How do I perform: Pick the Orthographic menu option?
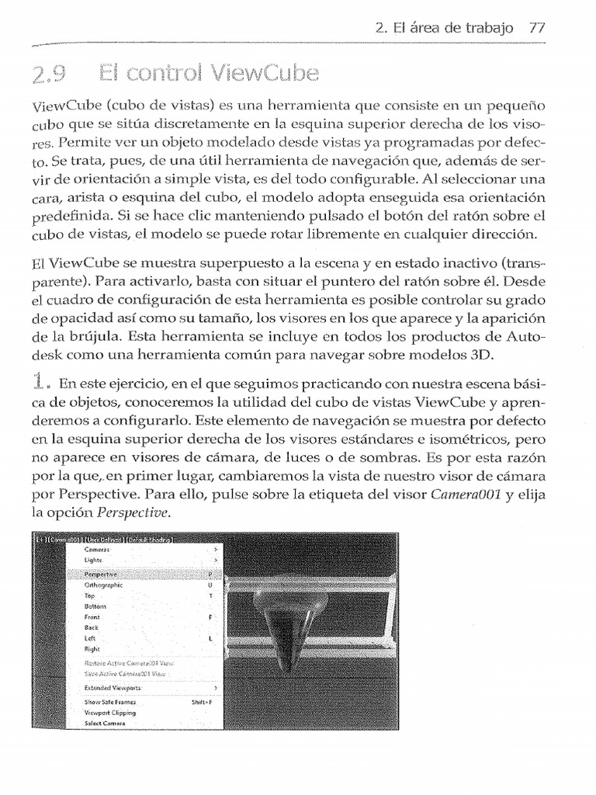point(104,585)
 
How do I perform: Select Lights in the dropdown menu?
point(93,560)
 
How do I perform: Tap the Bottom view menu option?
point(95,606)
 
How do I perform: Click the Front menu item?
point(92,616)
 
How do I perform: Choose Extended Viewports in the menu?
point(113,688)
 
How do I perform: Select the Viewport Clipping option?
point(109,712)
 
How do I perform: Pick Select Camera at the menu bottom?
point(105,723)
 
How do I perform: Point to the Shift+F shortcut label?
point(202,702)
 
